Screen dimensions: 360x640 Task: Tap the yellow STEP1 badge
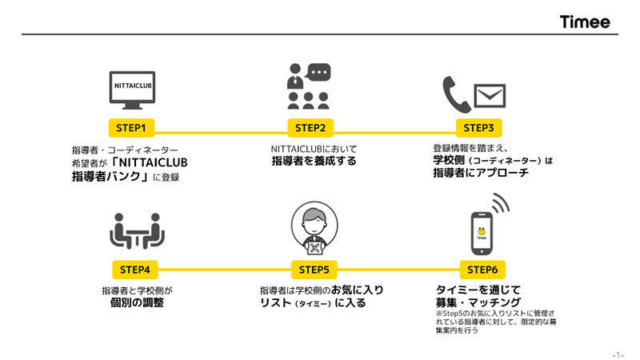(130, 127)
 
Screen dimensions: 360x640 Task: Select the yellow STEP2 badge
(310, 127)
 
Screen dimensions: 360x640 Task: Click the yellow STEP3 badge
(479, 127)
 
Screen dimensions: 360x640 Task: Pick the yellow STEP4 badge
(130, 269)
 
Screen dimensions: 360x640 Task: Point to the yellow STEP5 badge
(314, 269)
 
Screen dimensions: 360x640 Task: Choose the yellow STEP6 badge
(482, 269)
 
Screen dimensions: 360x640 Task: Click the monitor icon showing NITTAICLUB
(130, 90)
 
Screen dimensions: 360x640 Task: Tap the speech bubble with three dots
(318, 73)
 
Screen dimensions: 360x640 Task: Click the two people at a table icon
(135, 231)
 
